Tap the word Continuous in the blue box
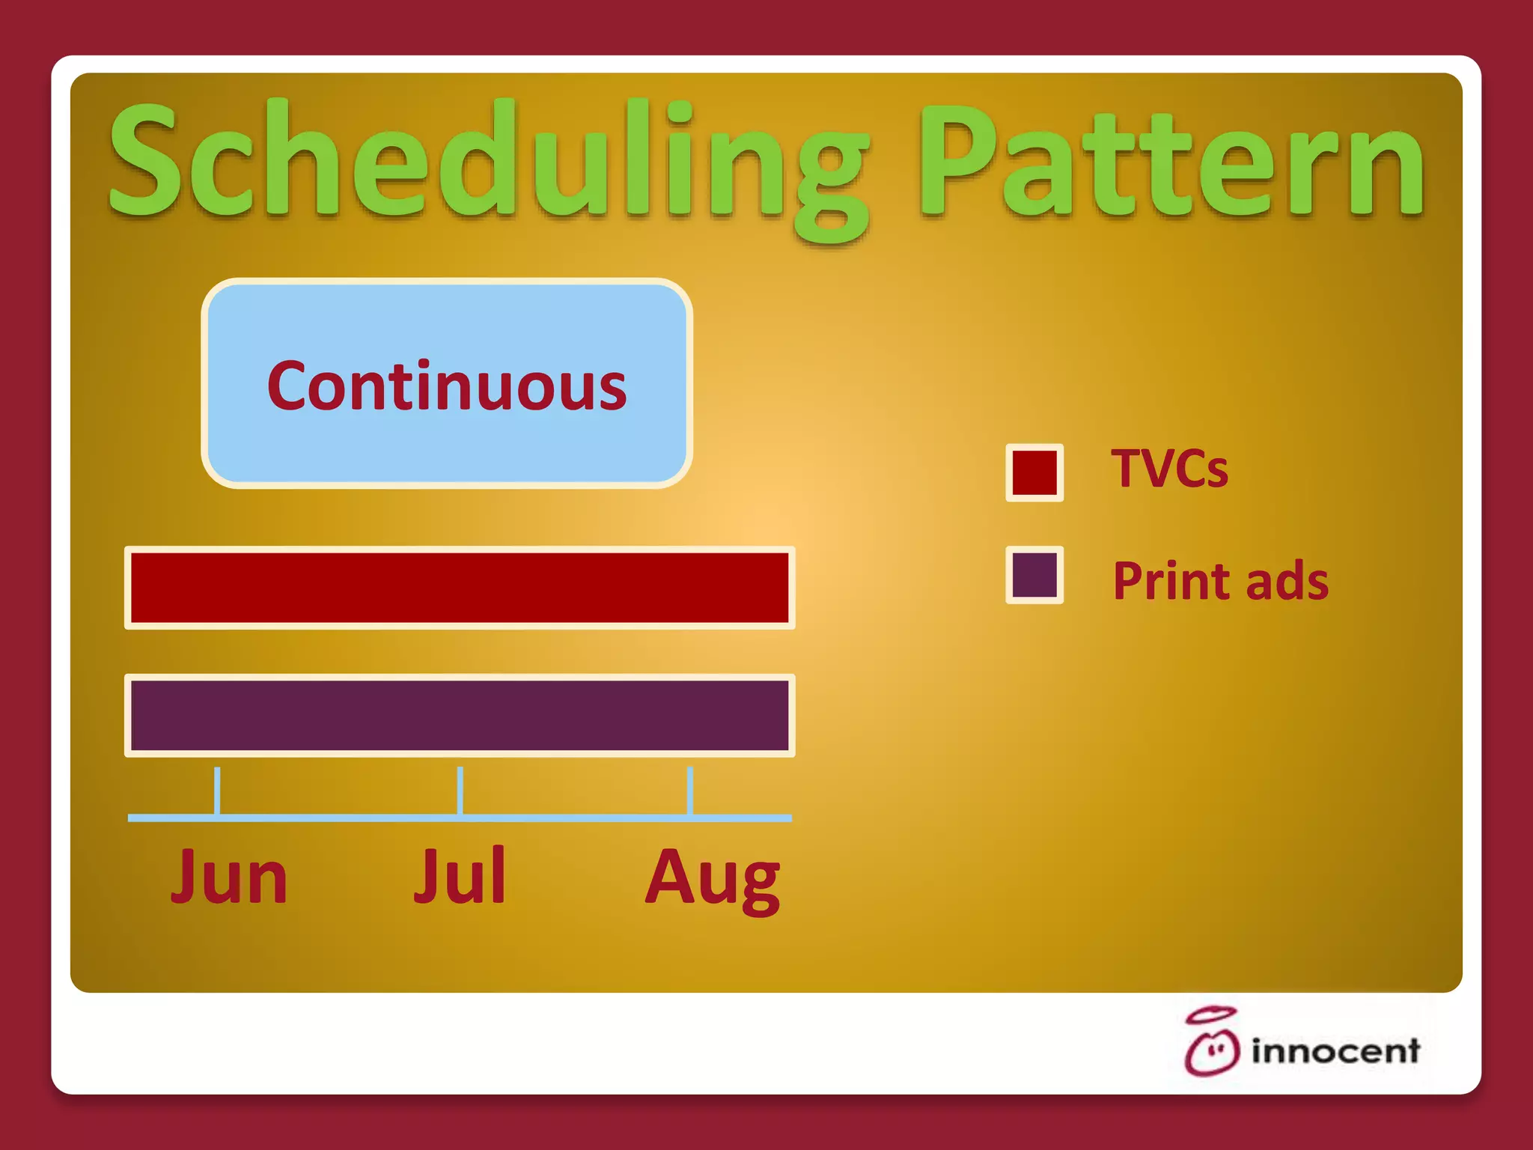(447, 386)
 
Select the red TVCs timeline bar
(460, 588)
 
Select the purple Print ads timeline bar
(460, 716)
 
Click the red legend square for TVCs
(1034, 472)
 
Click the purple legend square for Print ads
(1034, 575)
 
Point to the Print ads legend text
(1220, 582)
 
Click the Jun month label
(229, 877)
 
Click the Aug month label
(713, 880)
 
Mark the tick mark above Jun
(217, 791)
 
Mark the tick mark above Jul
(460, 791)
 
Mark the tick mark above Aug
(690, 791)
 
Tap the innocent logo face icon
(1212, 1052)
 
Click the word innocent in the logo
(1335, 1051)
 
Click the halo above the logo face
(1211, 1015)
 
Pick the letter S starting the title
(146, 161)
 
